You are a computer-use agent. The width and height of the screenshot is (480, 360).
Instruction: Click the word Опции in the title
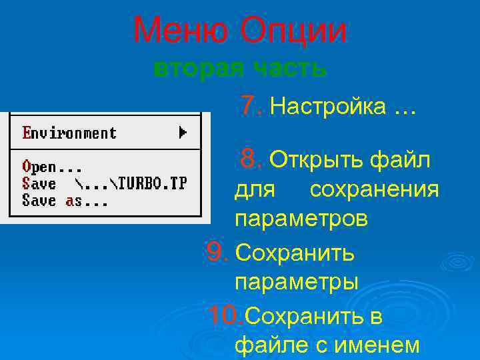coord(294,31)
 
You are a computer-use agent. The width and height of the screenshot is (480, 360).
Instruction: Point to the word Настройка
coord(329,107)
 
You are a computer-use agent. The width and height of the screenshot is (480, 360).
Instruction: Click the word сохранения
coord(374,190)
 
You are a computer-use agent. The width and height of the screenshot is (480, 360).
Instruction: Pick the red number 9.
coord(217,251)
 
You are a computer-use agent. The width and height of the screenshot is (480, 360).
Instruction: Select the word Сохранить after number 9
coord(295,253)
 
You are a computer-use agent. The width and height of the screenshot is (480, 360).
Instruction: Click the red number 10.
coord(225,315)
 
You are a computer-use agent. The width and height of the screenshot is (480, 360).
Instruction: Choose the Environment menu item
coord(69,133)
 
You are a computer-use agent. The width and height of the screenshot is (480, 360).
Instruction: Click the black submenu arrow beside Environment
coord(183,133)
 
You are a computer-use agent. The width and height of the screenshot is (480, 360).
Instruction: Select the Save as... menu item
coord(64,200)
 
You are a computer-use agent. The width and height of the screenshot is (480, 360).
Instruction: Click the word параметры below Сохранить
coord(297,282)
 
